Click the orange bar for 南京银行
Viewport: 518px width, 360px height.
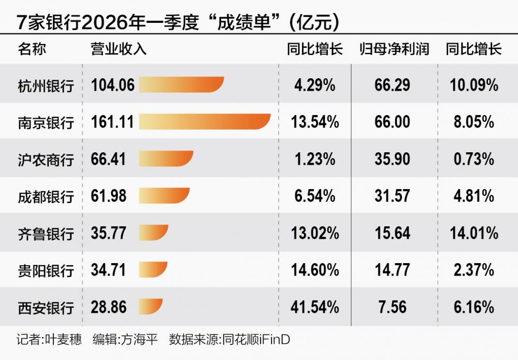[205, 122]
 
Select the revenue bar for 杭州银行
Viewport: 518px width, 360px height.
[181, 84]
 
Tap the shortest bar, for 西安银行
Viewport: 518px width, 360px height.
[151, 307]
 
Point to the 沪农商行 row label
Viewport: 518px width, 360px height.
[46, 159]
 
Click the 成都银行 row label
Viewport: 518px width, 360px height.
[46, 196]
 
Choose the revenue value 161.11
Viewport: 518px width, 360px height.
[112, 122]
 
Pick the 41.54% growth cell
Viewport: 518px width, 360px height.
[314, 307]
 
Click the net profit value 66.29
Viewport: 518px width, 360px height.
[392, 84]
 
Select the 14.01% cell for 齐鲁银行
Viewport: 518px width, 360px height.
[472, 233]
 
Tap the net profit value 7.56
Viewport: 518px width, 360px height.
[392, 307]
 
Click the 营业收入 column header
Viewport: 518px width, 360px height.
[119, 49]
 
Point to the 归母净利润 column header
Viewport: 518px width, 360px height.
[394, 49]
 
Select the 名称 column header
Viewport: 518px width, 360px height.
[32, 49]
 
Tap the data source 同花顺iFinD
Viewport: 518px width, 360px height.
[256, 340]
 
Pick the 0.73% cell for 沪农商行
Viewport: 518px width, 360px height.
[472, 159]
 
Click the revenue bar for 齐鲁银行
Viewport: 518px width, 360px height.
[154, 233]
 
